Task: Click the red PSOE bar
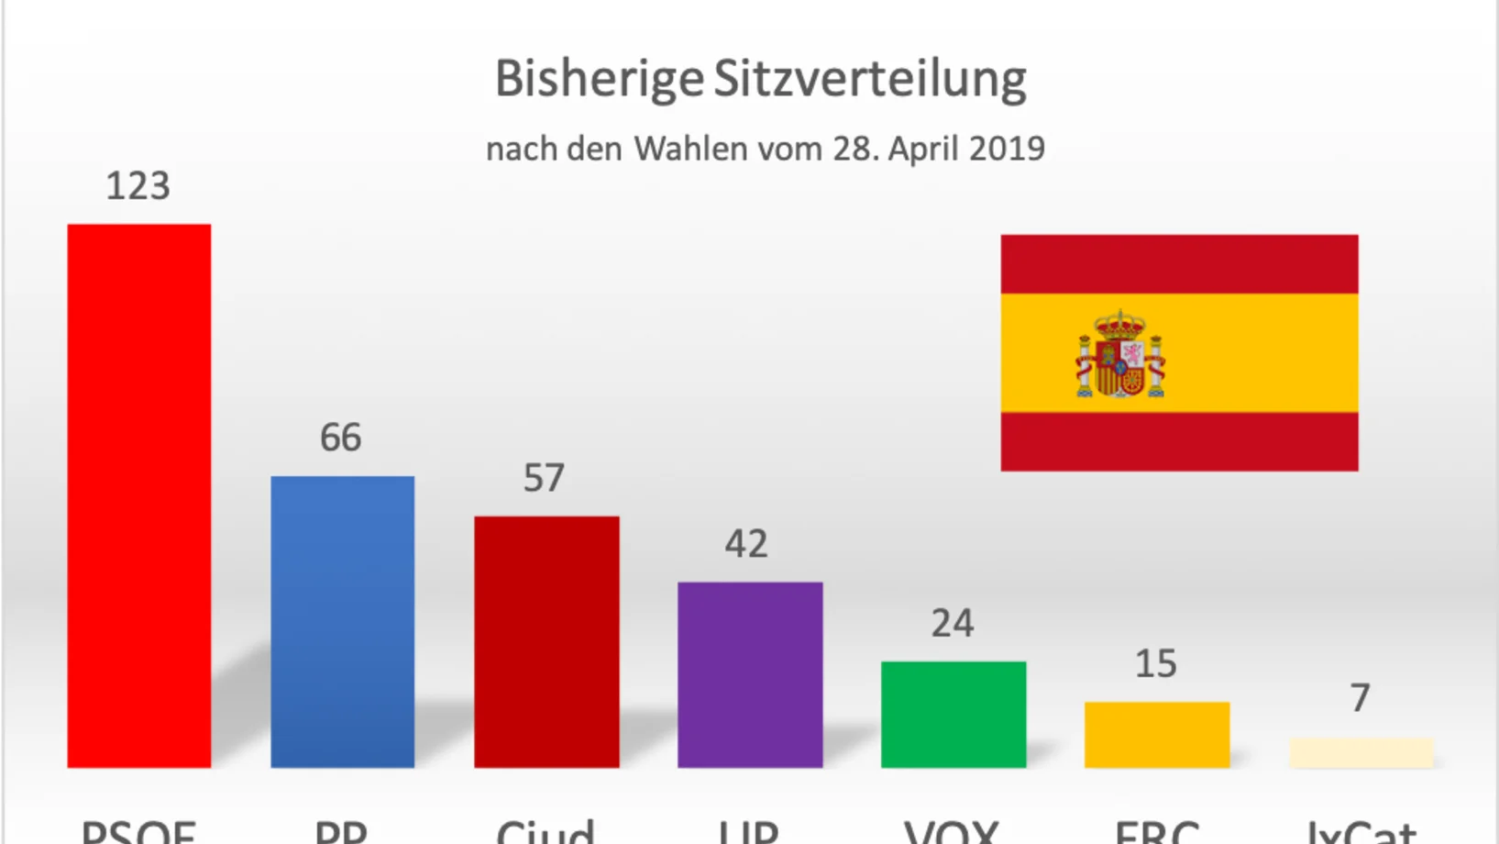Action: [139, 495]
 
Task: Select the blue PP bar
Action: [343, 621]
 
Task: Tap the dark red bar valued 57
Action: [546, 641]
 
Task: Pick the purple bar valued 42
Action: [750, 674]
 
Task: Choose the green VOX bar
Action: [953, 714]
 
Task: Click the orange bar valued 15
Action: [1157, 734]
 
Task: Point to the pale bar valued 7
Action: [1361, 752]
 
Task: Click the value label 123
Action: [138, 186]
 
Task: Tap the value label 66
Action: [341, 438]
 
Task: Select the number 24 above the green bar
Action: [953, 624]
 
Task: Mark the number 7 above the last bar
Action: [1361, 698]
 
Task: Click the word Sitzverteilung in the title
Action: [870, 80]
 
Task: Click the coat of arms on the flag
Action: [1120, 354]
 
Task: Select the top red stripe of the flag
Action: [1179, 264]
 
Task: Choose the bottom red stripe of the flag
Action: [1179, 441]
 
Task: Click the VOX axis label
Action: [952, 831]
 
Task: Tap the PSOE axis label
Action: [138, 831]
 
